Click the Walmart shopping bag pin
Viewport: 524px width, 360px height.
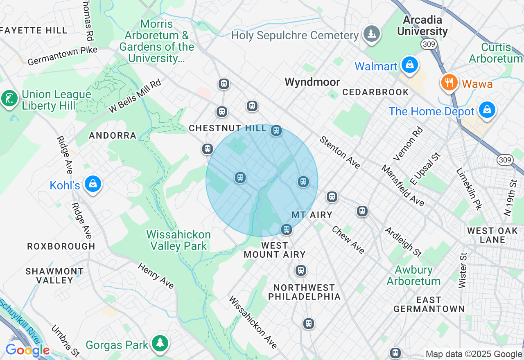click(409, 65)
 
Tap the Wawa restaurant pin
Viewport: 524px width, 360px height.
click(449, 83)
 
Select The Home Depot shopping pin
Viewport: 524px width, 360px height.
click(487, 110)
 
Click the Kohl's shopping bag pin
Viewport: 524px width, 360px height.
click(93, 184)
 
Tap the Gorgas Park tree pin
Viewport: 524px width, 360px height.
click(160, 344)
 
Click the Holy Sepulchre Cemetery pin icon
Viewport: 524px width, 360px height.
click(371, 34)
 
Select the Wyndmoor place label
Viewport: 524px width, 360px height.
click(312, 82)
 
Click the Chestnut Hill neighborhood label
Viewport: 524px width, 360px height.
click(228, 128)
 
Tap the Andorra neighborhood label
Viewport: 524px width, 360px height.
click(113, 135)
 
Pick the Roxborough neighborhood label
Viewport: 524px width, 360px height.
click(61, 246)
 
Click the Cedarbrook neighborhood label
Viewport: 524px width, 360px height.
click(375, 92)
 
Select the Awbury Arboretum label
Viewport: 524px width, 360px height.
click(413, 275)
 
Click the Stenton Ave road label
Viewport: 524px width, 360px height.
click(340, 153)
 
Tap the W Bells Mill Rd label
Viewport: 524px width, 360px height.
click(135, 97)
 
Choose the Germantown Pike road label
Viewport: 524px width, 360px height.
click(63, 56)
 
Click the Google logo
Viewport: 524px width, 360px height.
click(27, 350)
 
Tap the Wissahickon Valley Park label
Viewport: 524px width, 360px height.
click(178, 240)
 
